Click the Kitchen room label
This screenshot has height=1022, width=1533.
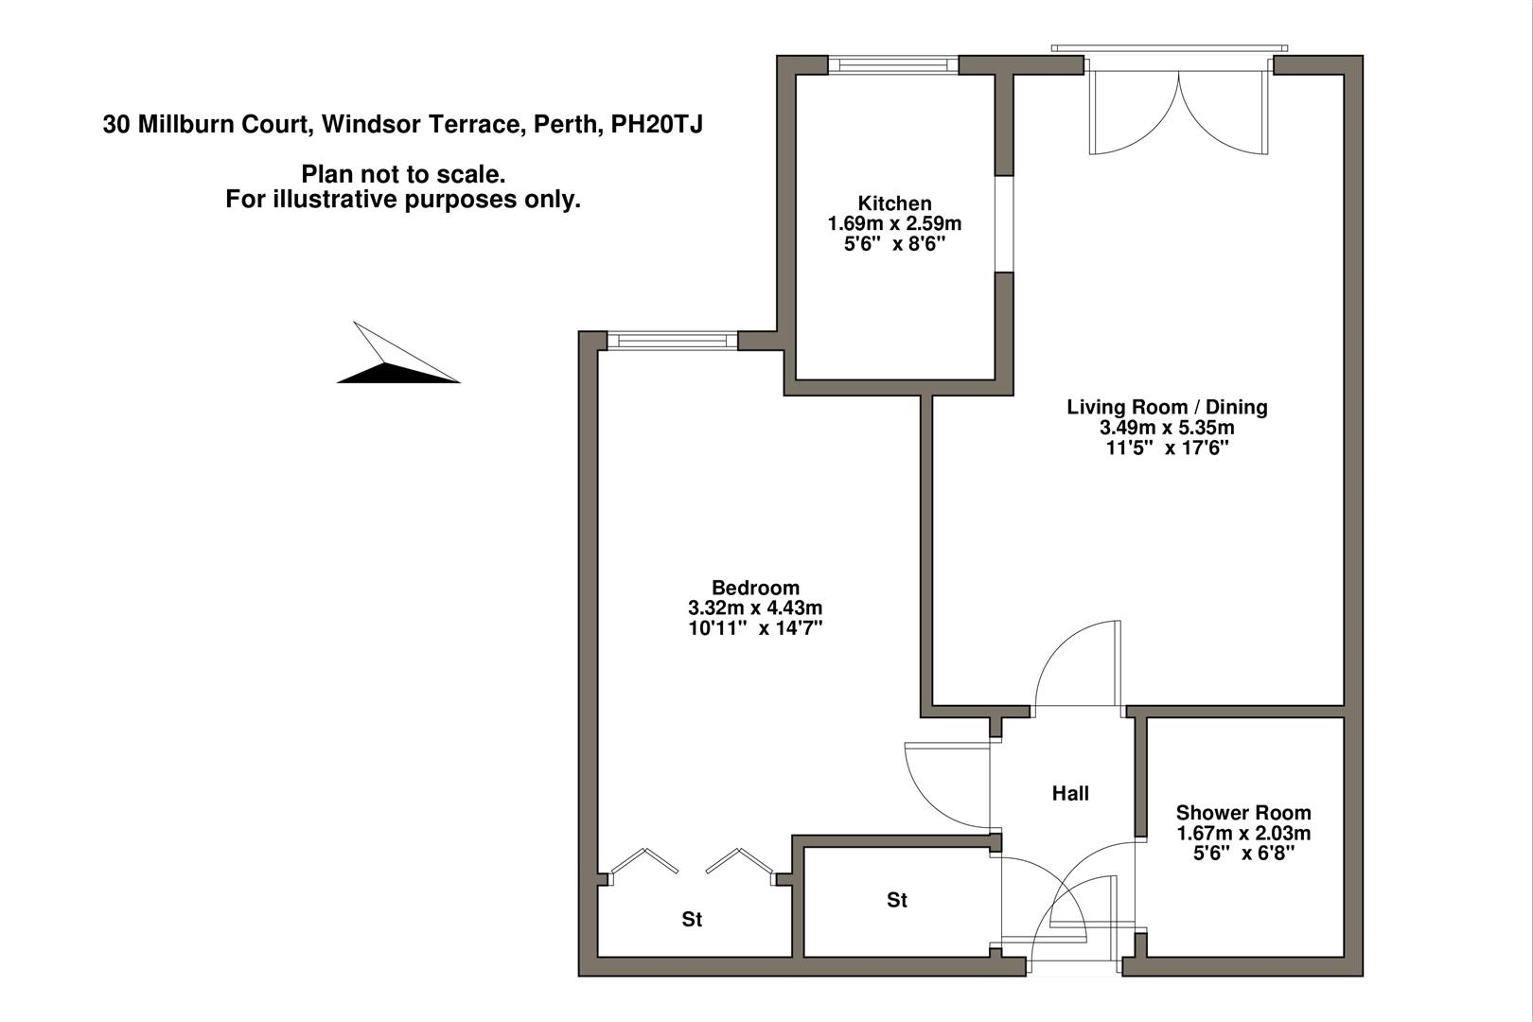tap(894, 203)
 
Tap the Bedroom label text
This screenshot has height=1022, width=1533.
tap(755, 588)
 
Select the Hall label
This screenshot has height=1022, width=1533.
tap(1070, 794)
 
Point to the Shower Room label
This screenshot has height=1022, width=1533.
tap(1242, 813)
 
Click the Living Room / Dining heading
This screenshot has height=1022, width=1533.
tap(1167, 407)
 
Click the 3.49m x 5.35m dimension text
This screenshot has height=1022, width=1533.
tap(1167, 428)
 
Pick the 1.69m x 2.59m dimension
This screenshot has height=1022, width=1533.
tap(894, 224)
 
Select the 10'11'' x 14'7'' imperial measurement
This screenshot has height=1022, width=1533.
tap(755, 628)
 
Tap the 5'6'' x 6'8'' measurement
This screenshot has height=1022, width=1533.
tap(1242, 854)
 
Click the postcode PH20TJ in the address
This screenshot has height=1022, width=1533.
tap(657, 124)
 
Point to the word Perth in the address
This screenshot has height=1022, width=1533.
tap(565, 124)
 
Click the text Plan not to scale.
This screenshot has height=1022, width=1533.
tap(403, 174)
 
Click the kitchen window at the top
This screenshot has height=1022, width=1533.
tap(893, 64)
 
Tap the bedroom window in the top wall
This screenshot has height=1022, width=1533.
tap(672, 340)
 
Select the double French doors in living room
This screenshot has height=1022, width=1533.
tap(1178, 109)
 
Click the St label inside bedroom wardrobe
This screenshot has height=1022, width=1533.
tap(692, 920)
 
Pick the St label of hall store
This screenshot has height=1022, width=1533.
tap(896, 901)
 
